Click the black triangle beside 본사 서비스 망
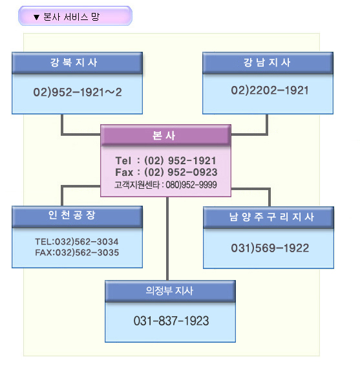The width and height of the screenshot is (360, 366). point(36,17)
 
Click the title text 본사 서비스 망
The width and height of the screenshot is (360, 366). point(71,17)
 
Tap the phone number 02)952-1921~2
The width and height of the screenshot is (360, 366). point(78,92)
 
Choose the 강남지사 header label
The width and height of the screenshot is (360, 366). point(267,63)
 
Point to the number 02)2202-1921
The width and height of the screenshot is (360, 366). point(270,91)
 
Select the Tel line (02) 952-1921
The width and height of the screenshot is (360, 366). point(165,160)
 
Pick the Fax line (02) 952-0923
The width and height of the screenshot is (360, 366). point(166,172)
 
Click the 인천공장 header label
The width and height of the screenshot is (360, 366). point(72,215)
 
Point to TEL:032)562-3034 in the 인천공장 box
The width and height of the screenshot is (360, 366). point(77,242)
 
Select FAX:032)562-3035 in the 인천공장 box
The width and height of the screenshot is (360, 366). point(77,253)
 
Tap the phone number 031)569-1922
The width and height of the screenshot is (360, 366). point(270,248)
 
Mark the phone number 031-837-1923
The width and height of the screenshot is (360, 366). point(171,321)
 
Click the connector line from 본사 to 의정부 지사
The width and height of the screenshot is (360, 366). point(167,239)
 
